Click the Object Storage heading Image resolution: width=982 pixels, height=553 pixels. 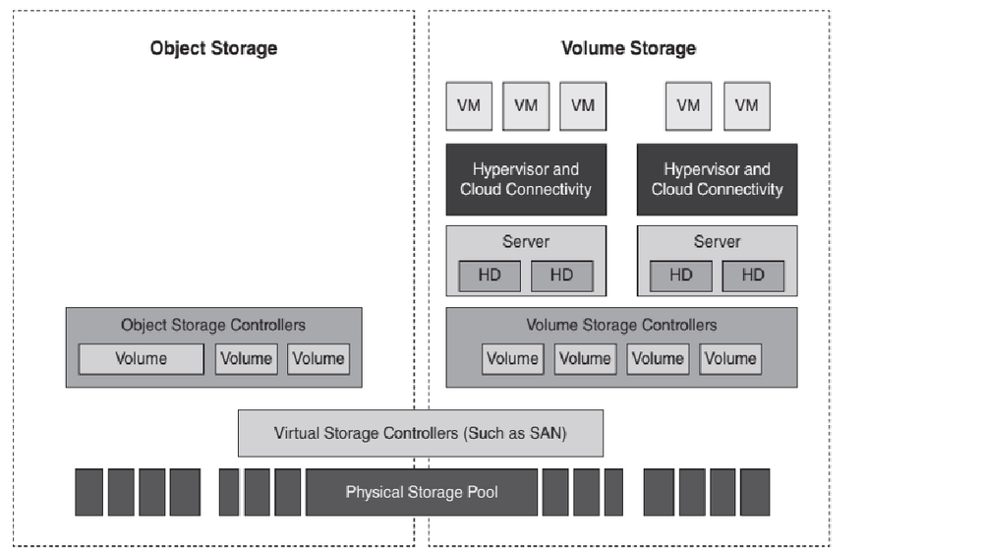point(213,48)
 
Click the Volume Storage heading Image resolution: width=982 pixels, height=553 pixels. point(628,48)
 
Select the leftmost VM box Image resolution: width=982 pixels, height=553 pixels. point(469,106)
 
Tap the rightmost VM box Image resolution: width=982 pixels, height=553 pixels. point(747,106)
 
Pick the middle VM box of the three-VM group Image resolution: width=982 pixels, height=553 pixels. point(526,106)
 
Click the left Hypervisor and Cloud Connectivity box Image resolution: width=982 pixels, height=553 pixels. point(526,179)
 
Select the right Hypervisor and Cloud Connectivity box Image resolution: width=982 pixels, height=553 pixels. point(717,179)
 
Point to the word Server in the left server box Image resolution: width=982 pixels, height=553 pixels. point(526,241)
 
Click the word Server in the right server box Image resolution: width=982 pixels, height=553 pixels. point(717,241)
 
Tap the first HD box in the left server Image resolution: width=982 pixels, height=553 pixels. point(490,276)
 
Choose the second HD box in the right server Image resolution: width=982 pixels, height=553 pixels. point(753,276)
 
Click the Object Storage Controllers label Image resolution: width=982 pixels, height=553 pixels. point(213,325)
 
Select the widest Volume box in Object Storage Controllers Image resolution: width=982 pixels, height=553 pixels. point(141,359)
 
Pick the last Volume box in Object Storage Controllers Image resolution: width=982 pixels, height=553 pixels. point(318,359)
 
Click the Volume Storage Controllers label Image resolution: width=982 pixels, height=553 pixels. point(621,325)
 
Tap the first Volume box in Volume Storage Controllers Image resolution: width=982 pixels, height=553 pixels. point(513,359)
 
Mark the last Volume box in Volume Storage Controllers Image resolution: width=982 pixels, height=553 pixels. point(730,359)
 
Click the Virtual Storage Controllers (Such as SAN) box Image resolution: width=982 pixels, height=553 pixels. point(421,433)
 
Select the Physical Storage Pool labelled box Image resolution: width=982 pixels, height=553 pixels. point(422,492)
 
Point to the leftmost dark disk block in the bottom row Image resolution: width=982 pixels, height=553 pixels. point(89,492)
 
